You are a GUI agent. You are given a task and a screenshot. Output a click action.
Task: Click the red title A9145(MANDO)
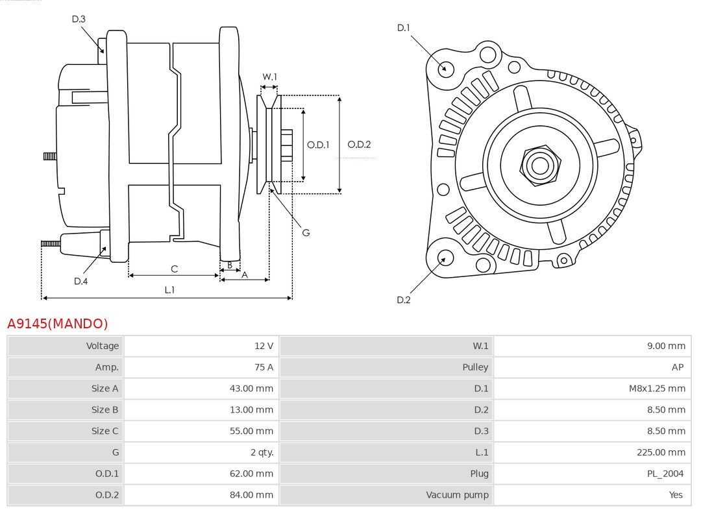point(57,323)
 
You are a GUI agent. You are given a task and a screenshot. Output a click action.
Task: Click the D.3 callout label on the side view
point(79,19)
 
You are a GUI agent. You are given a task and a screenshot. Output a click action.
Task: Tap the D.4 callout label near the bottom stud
point(80,281)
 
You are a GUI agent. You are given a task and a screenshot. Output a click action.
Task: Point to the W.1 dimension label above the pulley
point(269,77)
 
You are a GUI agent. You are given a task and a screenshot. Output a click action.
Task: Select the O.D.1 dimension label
point(318,145)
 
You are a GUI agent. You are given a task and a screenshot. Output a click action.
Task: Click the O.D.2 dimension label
point(359,145)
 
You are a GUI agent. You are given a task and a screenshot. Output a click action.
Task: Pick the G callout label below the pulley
point(306,232)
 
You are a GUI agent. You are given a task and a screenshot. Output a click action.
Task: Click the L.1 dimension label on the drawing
point(169,290)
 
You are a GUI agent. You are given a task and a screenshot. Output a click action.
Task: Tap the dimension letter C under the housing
point(174,269)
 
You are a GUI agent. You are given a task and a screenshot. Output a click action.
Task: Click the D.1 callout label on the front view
point(404,28)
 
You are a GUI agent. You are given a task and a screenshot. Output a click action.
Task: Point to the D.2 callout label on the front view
point(404,300)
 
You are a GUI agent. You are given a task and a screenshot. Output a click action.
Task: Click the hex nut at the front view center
point(539,165)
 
